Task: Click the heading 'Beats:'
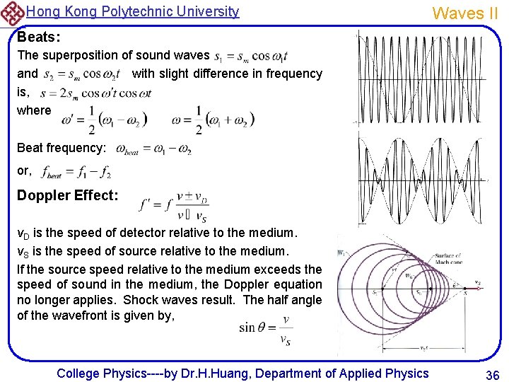[38, 35]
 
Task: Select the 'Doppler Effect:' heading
[68, 195]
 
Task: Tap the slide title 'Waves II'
[465, 13]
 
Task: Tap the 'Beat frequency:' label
[62, 149]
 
